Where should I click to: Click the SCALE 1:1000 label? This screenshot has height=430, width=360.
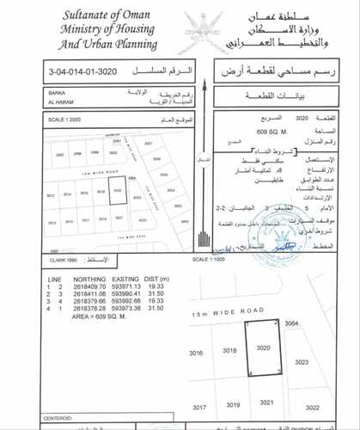click(209, 257)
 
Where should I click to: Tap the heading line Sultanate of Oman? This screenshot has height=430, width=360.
click(104, 15)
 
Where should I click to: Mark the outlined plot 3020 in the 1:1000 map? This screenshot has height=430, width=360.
click(261, 346)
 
